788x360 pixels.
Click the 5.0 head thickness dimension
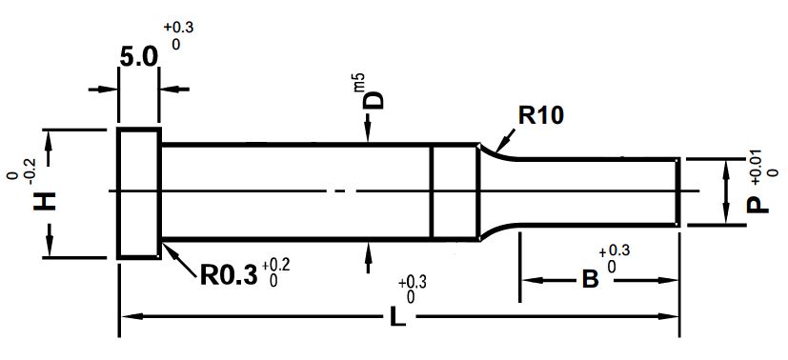(x=139, y=57)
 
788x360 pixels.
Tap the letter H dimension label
(x=45, y=202)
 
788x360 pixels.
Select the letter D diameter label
(x=374, y=100)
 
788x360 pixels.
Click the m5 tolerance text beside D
(x=359, y=82)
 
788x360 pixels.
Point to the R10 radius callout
(x=541, y=116)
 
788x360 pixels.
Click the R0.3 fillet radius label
(x=229, y=275)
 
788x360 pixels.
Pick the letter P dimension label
(x=758, y=205)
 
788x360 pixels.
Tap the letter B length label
(x=590, y=280)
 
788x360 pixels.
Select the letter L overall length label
(x=397, y=317)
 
